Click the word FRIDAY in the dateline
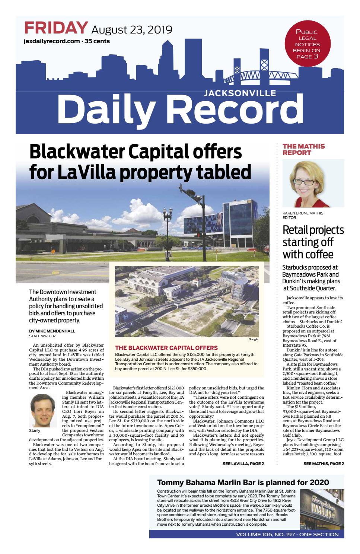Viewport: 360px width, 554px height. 56,28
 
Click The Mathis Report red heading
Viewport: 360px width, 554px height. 303,149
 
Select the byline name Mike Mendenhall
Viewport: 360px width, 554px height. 52,331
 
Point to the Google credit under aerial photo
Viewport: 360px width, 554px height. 253,339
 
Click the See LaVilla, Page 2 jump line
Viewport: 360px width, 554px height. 243,464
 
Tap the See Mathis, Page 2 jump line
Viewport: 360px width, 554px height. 323,464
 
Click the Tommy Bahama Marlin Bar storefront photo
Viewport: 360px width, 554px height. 322,508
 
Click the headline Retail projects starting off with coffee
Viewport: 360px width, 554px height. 313,242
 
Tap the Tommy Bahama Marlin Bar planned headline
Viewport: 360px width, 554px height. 243,483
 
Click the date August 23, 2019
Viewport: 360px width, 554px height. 131,29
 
